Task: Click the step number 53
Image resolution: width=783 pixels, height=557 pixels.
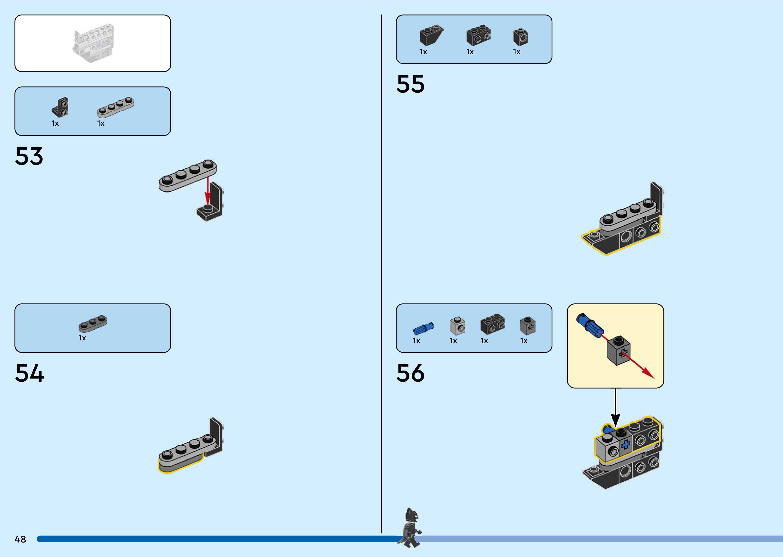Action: tap(29, 156)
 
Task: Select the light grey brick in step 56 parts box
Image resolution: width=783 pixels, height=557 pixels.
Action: tap(457, 326)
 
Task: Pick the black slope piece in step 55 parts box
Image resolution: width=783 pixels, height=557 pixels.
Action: tap(431, 35)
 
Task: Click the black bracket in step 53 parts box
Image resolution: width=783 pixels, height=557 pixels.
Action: tap(60, 107)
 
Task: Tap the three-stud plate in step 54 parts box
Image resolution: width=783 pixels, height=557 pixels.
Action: tap(93, 323)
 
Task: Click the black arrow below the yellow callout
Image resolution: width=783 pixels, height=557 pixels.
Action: tap(615, 408)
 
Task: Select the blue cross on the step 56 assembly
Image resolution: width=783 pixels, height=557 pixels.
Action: tap(625, 445)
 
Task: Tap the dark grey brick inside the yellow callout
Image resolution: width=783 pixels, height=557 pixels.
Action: tap(618, 351)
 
